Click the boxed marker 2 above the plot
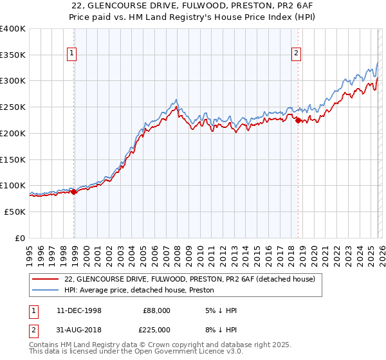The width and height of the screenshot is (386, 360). [x=297, y=54]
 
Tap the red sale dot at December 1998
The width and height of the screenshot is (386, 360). [x=74, y=191]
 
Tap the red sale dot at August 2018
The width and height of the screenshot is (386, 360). [x=298, y=120]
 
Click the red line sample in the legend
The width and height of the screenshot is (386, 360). [x=45, y=280]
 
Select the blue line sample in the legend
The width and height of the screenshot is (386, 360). [x=45, y=291]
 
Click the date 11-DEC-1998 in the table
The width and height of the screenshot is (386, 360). [x=79, y=310]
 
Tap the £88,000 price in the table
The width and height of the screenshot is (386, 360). [x=157, y=310]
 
